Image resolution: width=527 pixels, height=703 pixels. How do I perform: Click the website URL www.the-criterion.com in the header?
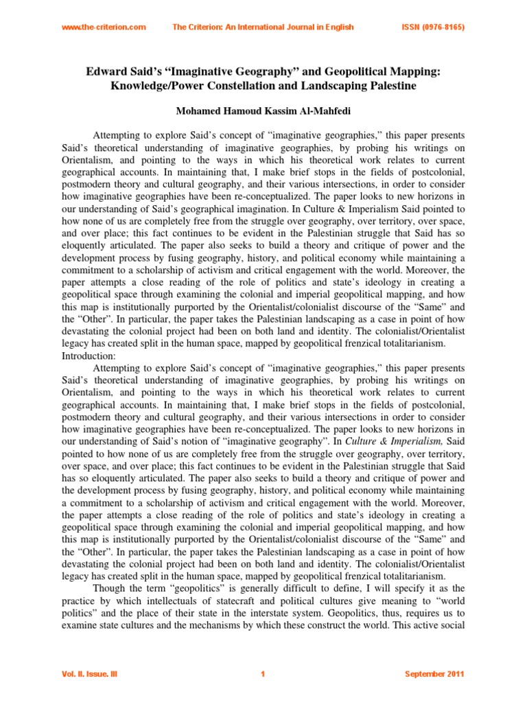coord(104,27)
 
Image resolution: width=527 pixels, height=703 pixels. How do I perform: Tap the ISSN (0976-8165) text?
coord(432,27)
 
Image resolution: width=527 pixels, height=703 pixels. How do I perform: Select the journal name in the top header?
coord(263,27)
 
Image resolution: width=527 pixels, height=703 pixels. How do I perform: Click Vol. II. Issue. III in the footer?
coord(90,675)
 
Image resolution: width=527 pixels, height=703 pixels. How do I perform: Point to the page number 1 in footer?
coord(263,675)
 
